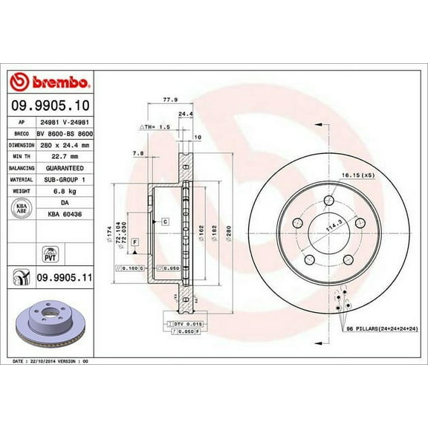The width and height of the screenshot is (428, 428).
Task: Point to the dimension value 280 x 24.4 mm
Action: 65,146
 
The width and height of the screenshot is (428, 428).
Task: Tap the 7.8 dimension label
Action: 138,155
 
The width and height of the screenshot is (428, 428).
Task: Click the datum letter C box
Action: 164,221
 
